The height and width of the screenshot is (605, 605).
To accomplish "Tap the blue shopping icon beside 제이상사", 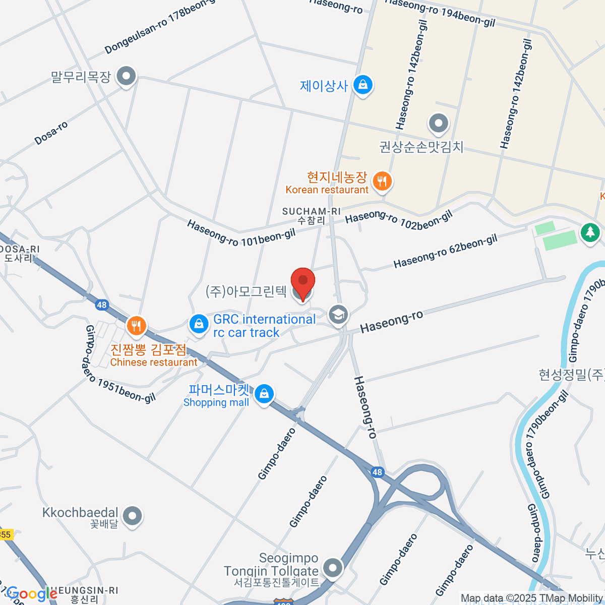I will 362,85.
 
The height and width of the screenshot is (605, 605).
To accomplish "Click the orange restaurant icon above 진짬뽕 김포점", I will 136,326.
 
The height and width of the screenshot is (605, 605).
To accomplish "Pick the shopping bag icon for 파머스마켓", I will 264,394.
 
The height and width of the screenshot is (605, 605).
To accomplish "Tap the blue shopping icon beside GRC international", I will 199,324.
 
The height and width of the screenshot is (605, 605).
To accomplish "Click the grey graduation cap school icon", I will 338,315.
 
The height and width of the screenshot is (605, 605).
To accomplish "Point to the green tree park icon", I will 589,232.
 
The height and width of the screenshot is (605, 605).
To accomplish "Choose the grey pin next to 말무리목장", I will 126,77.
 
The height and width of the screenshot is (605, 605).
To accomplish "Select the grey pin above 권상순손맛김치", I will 438,123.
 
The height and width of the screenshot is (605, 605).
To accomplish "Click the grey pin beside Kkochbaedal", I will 133,516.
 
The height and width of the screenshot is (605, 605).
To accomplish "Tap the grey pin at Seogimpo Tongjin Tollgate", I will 332,568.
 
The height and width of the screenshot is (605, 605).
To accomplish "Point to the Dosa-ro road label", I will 51,134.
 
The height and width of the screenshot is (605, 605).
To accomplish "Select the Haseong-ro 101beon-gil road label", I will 241,233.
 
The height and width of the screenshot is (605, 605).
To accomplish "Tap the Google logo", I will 31,594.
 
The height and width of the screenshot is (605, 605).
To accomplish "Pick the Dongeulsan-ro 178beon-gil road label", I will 160,26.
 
